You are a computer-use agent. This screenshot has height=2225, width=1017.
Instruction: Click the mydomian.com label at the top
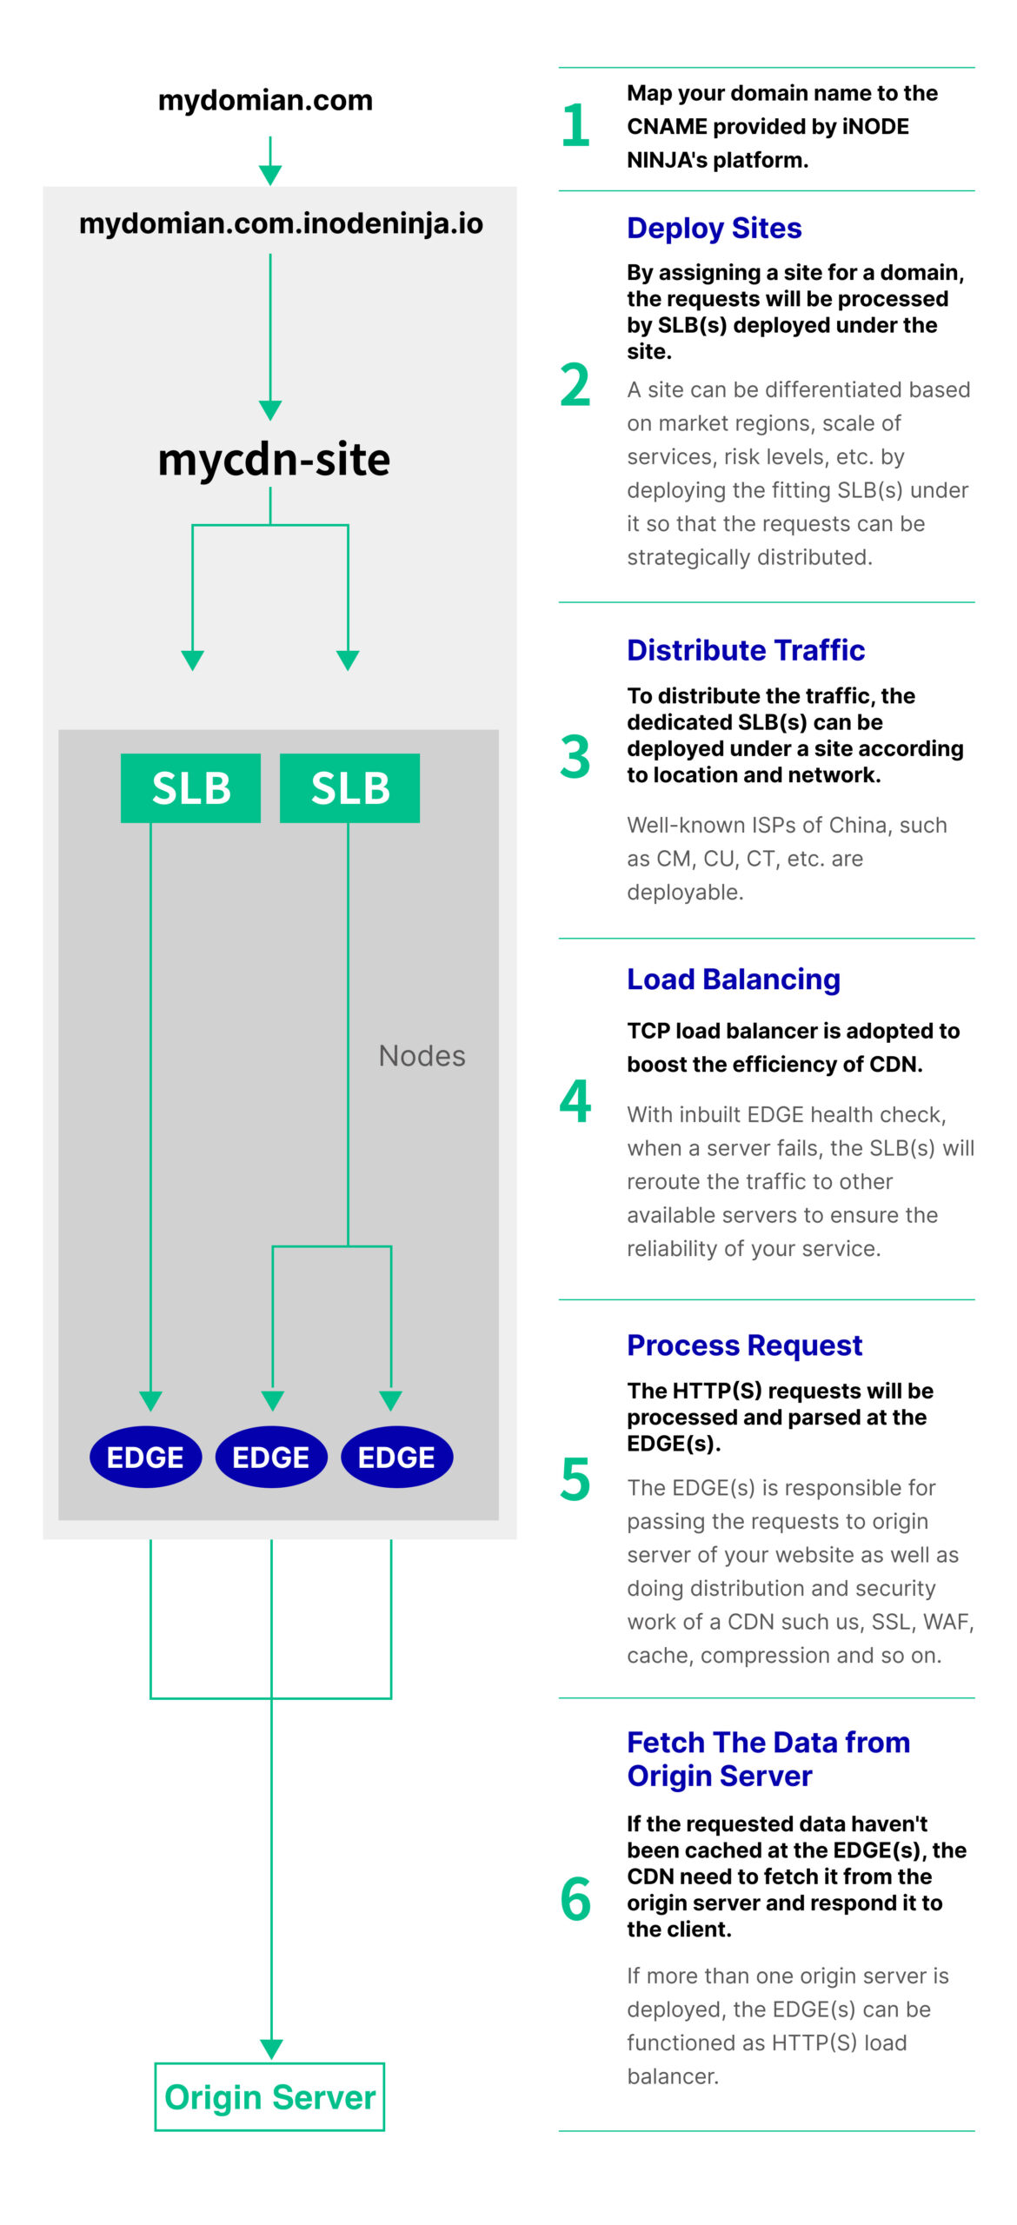click(x=265, y=100)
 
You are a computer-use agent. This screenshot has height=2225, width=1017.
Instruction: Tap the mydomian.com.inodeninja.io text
click(x=281, y=223)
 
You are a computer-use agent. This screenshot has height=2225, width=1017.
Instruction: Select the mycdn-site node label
click(x=274, y=459)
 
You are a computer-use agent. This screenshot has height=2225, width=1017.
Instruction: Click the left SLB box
click(x=190, y=787)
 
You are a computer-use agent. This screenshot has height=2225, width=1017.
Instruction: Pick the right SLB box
click(x=349, y=787)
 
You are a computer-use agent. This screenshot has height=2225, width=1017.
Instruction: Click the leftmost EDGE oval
click(x=145, y=1457)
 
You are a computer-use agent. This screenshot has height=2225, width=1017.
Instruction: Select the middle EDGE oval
click(x=271, y=1457)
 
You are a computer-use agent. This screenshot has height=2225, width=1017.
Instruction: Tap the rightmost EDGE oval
click(x=396, y=1457)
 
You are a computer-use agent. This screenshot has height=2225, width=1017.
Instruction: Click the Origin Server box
click(x=269, y=2096)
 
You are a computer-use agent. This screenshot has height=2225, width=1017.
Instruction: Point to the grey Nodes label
click(x=422, y=1055)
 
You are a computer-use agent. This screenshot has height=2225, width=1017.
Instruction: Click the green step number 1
click(x=575, y=125)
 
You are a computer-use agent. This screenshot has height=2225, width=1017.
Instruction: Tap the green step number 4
click(x=575, y=1101)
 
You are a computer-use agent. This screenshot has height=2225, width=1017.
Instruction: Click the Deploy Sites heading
click(x=715, y=228)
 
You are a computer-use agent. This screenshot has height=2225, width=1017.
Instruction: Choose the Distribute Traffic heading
click(x=746, y=650)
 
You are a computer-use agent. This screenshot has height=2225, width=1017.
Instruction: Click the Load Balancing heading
click(x=734, y=980)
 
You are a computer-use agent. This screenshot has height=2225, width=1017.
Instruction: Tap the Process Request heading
click(x=745, y=1345)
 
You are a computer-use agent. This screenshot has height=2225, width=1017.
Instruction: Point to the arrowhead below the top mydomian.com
click(x=270, y=175)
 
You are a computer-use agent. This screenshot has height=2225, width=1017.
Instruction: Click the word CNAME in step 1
click(x=666, y=127)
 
